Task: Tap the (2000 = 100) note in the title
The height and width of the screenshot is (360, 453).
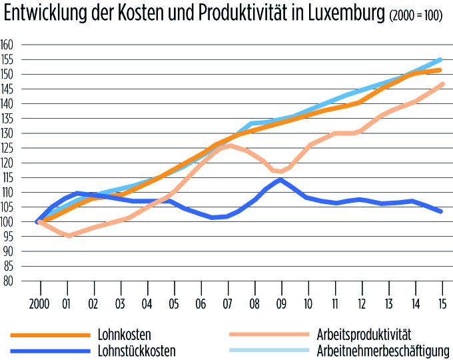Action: [x=417, y=17]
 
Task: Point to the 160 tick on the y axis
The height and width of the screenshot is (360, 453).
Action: [x=8, y=45]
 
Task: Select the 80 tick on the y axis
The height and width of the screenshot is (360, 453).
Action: [x=8, y=281]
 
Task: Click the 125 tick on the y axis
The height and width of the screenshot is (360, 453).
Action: [x=8, y=148]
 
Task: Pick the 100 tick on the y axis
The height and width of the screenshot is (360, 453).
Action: [x=8, y=222]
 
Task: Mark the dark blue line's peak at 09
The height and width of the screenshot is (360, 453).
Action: [x=280, y=179]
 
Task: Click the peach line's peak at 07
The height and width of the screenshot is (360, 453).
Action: [x=229, y=145]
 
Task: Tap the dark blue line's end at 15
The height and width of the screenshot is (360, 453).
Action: [x=442, y=211]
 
